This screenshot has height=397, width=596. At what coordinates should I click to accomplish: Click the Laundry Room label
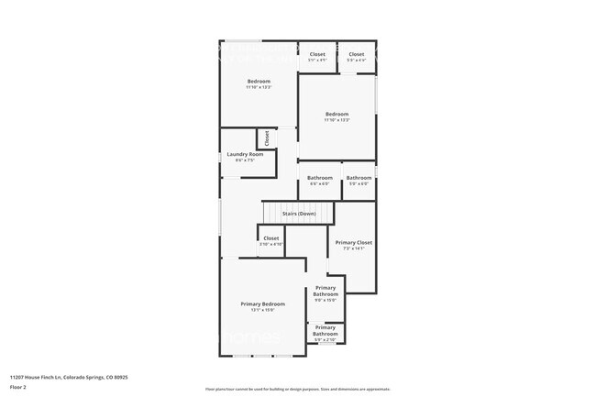[245, 154]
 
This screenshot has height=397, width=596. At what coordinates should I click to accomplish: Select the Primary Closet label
[353, 242]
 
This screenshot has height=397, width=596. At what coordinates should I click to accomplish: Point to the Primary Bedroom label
[262, 303]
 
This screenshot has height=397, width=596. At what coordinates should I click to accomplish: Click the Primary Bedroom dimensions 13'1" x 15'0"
[262, 310]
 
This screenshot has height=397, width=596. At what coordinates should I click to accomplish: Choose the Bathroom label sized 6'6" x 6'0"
[319, 178]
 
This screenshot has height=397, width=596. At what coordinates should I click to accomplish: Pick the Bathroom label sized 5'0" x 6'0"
[359, 178]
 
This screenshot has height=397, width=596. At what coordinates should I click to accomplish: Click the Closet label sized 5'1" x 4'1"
[317, 54]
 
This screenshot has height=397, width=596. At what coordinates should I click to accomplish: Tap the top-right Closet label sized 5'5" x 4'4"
[357, 54]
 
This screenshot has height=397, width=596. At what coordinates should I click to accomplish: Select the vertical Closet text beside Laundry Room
[267, 139]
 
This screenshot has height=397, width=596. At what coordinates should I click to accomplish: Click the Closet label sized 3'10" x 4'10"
[271, 237]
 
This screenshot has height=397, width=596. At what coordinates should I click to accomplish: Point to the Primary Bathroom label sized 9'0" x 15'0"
[326, 292]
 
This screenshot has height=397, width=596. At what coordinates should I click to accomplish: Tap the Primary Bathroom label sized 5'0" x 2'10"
[326, 330]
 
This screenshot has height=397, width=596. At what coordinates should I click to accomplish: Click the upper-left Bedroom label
[259, 82]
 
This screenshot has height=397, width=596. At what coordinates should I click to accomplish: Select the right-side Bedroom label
[337, 114]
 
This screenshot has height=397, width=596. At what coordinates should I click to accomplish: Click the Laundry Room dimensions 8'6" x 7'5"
[245, 160]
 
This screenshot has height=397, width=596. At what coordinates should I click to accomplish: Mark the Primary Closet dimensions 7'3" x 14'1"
[353, 248]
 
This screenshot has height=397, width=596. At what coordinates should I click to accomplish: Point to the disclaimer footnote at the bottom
[298, 389]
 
